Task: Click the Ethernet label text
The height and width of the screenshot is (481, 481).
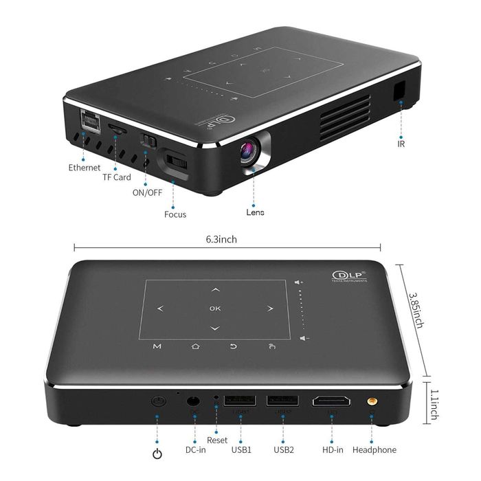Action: click(x=84, y=167)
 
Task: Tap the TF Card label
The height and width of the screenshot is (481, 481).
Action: click(x=116, y=177)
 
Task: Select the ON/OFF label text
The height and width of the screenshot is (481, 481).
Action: click(x=147, y=192)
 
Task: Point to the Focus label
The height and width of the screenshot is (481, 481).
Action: click(x=175, y=214)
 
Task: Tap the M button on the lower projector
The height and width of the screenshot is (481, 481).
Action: click(x=157, y=346)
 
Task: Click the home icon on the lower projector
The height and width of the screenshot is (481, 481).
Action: click(x=195, y=346)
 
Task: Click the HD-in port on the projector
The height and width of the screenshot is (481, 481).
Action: click(x=331, y=401)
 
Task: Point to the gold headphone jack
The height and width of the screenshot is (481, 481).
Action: click(x=372, y=399)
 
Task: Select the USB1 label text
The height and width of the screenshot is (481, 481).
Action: click(x=241, y=450)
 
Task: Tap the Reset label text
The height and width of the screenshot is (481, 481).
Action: click(x=217, y=440)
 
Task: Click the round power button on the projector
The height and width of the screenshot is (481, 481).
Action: click(x=159, y=401)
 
